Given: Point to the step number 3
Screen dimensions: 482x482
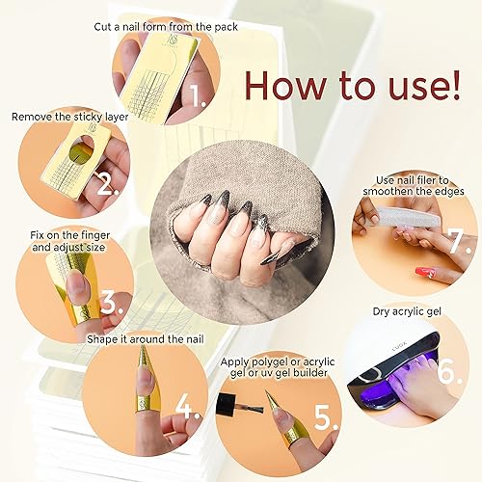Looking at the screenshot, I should [x=114, y=303].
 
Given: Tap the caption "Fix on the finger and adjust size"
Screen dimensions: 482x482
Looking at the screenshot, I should [x=63, y=239].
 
